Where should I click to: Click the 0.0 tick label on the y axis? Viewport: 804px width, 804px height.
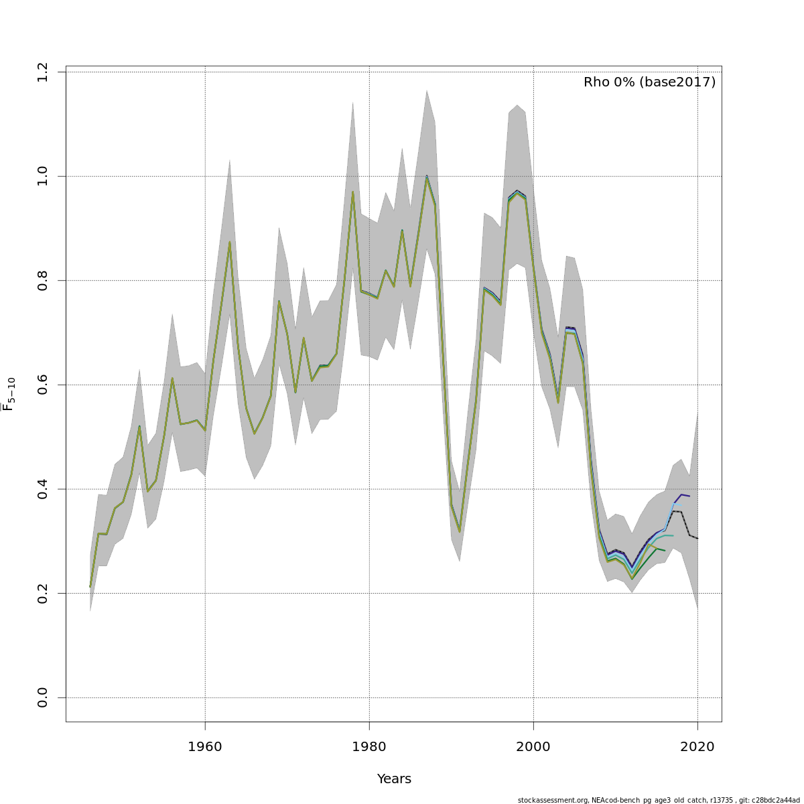pos(43,697)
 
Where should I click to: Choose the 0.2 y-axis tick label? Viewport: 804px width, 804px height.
pos(43,593)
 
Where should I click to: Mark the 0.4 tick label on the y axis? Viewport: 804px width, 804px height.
pos(43,489)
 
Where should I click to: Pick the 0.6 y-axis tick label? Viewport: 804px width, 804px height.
pos(43,385)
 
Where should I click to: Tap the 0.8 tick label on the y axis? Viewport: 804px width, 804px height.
pos(43,280)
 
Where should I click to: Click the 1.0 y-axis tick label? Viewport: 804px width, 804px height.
pos(43,176)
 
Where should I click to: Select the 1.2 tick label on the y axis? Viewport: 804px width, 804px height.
pos(43,72)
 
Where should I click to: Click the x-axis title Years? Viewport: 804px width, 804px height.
pos(394,779)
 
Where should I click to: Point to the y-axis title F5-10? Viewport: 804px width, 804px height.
pos(9,394)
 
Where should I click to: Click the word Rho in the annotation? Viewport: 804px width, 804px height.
pos(596,82)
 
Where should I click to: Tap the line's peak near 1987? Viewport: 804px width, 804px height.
pos(427,177)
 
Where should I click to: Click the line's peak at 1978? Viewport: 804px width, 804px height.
pos(352,192)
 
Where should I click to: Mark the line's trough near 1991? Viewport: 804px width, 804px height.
pos(460,531)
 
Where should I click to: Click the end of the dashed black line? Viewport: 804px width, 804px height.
pos(697,539)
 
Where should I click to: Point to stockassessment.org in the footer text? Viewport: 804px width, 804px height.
pos(553,800)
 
